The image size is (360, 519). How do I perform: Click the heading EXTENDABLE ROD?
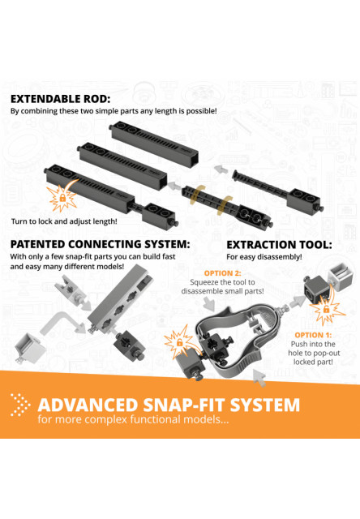click(x=60, y=99)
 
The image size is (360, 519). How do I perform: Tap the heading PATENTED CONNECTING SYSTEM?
click(x=101, y=244)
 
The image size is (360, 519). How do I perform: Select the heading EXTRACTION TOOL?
click(x=279, y=245)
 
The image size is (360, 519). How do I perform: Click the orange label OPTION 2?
click(x=223, y=273)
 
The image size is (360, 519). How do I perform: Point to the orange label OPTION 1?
click(x=313, y=335)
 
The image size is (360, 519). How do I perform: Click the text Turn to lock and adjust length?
click(x=64, y=221)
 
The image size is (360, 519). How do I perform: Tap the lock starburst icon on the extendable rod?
click(x=62, y=198)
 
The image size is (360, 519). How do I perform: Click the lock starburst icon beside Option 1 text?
click(x=326, y=310)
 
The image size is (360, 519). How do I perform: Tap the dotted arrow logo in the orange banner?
click(x=20, y=405)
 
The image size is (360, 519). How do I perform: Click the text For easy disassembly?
click(x=264, y=257)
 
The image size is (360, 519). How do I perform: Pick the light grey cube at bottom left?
click(x=30, y=348)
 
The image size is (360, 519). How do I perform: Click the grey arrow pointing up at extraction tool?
click(x=259, y=378)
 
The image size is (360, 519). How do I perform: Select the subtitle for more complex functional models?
click(x=133, y=419)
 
